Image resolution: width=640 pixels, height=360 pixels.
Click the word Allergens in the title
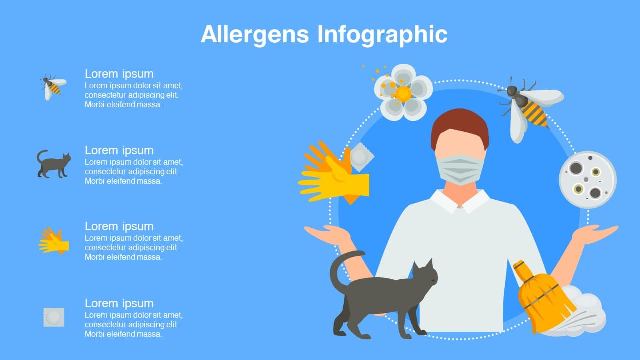coord(255,34)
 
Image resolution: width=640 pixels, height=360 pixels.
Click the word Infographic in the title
coord(382,35)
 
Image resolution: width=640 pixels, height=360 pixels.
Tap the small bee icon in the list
coord(53,87)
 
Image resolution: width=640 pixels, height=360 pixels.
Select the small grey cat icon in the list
coord(53,164)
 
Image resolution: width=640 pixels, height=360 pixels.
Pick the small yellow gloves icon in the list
coord(54,241)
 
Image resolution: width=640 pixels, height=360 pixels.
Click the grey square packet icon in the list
coord(54,317)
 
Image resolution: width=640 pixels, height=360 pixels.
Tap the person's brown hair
coord(460,125)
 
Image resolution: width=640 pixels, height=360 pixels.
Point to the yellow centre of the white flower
coord(403,94)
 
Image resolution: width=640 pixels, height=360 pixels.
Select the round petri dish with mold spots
coord(587,180)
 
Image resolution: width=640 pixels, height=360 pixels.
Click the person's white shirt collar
coord(460,201)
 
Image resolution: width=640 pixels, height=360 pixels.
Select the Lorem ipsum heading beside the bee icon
coord(119,74)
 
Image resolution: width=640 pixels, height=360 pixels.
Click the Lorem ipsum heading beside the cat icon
coord(119,150)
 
